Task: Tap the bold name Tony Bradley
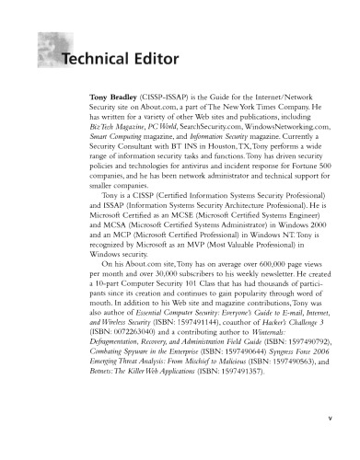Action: click(113, 95)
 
